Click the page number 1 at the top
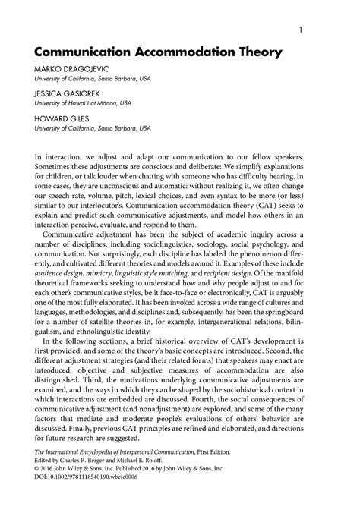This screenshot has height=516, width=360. pos(302,30)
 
